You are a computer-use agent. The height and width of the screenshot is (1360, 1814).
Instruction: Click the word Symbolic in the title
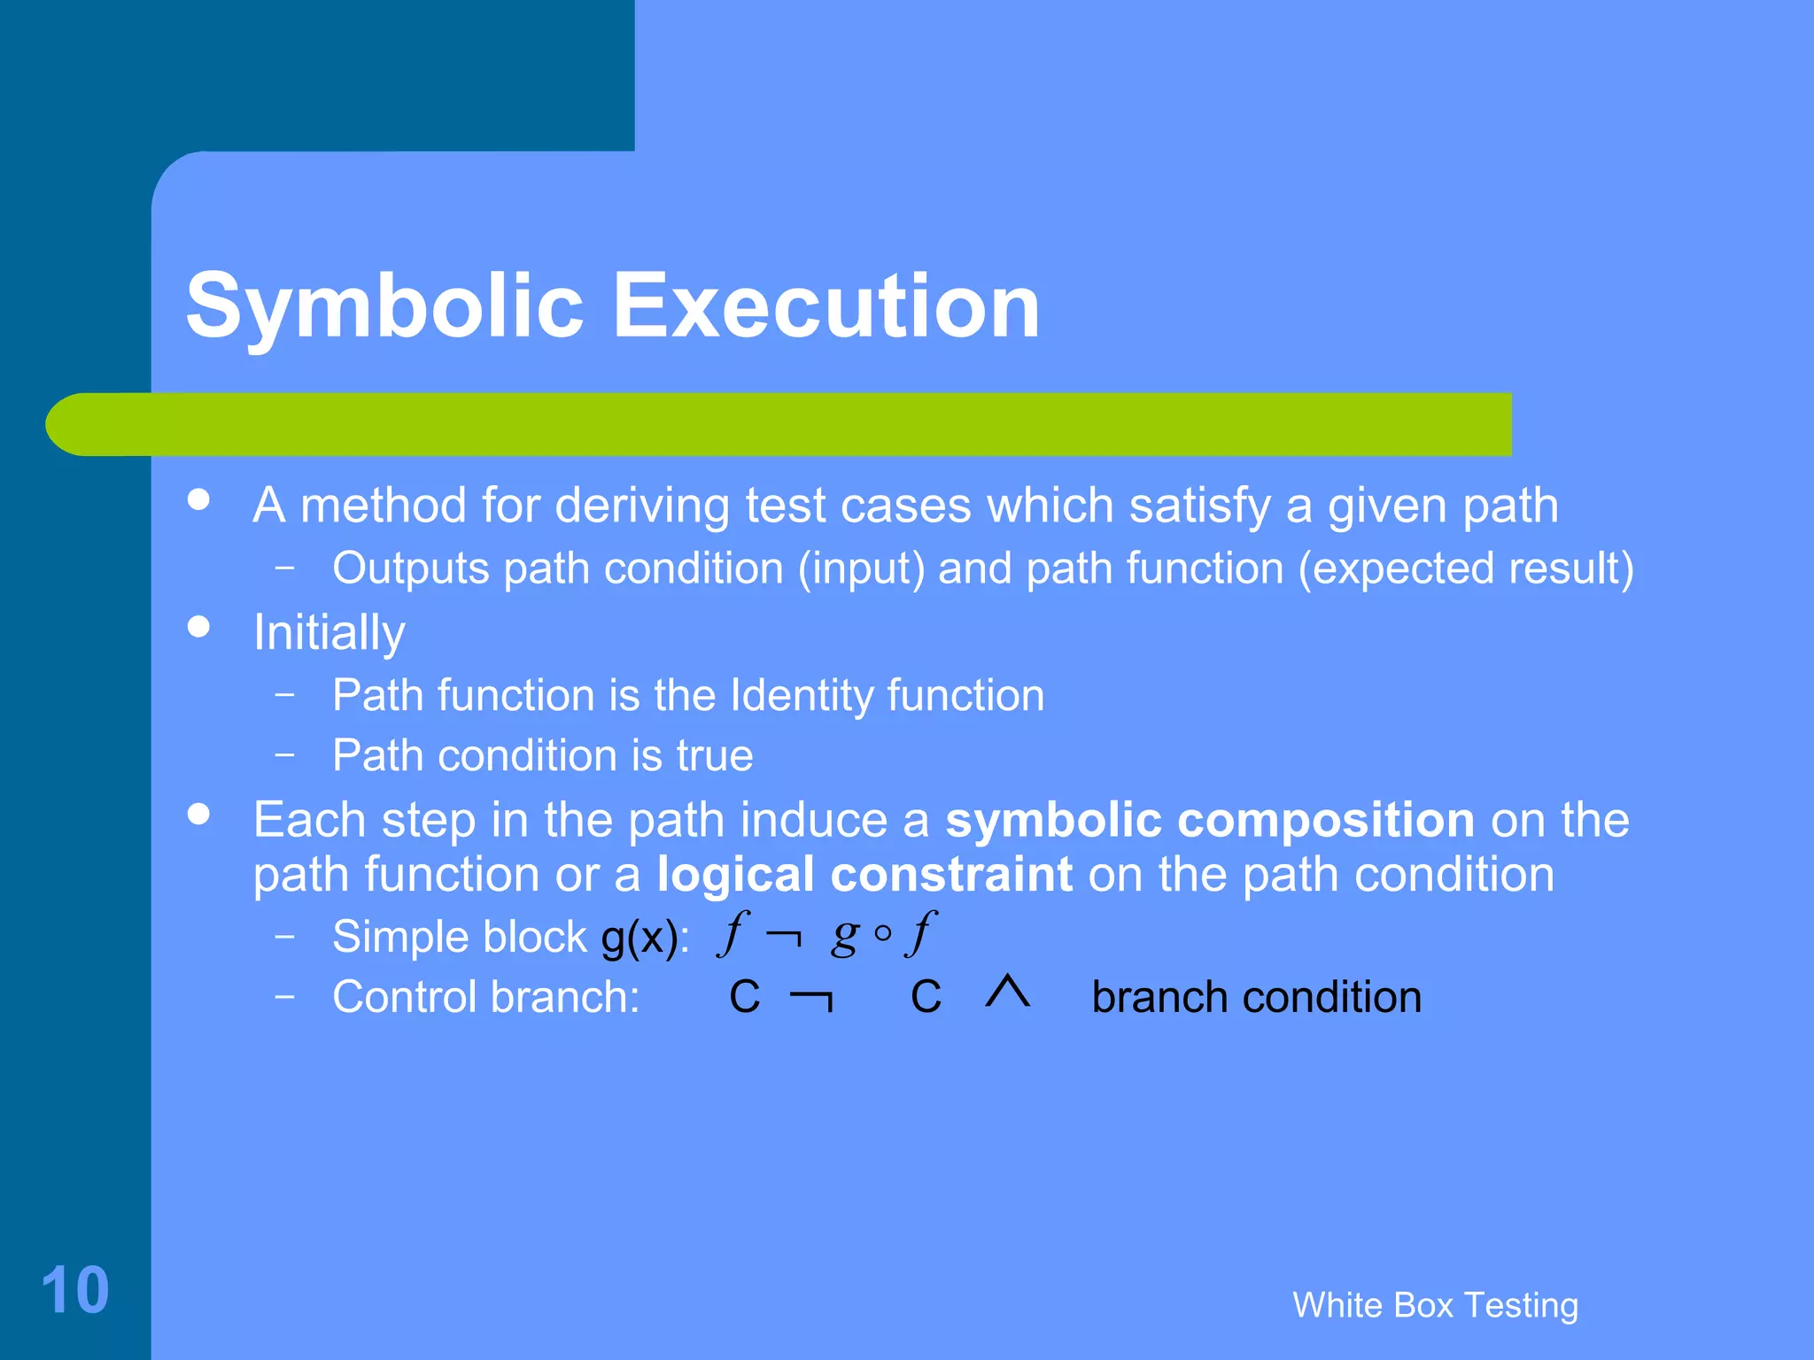(384, 306)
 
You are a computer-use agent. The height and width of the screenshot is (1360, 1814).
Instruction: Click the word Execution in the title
(826, 306)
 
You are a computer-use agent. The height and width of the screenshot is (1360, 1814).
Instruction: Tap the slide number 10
(75, 1290)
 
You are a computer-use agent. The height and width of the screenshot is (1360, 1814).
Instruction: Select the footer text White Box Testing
(1435, 1305)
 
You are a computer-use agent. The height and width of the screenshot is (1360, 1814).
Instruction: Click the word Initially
(329, 633)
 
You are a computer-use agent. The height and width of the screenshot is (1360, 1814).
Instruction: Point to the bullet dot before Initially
(199, 627)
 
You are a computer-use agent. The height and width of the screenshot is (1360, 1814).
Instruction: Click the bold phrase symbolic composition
(1210, 820)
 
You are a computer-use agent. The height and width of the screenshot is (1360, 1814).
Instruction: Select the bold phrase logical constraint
(865, 875)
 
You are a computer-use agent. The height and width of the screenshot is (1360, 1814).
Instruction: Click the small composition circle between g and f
(882, 934)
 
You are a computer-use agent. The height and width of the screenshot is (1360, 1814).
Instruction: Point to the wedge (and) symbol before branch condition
(1008, 992)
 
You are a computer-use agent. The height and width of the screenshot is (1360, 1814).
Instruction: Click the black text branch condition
(1256, 997)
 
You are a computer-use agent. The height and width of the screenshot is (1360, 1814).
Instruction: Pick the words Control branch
(485, 997)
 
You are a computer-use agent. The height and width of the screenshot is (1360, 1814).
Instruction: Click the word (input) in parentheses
(861, 568)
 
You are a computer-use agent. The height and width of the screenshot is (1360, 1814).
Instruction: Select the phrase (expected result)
(1466, 568)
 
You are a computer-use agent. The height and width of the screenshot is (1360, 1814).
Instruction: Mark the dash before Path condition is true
(284, 754)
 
